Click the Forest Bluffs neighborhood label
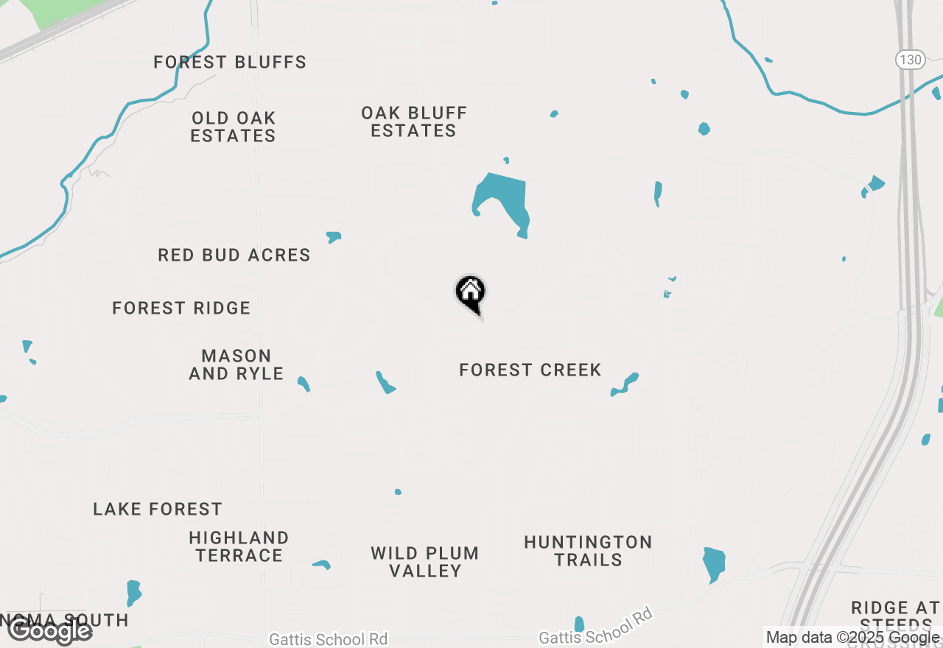(x=230, y=63)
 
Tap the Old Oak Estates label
(x=233, y=127)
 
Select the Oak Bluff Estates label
(x=414, y=121)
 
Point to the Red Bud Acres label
(x=234, y=256)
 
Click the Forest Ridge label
(x=181, y=308)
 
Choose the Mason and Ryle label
(x=236, y=364)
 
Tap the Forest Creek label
(x=530, y=370)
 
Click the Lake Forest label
(x=158, y=509)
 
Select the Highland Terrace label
(x=239, y=546)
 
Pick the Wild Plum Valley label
(x=425, y=562)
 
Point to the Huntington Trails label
(x=588, y=551)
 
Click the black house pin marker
(x=471, y=293)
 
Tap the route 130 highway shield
(x=911, y=60)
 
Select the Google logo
(x=49, y=630)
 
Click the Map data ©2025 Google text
(x=852, y=638)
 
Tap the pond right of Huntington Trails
(x=714, y=563)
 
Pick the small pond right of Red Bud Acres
(x=334, y=236)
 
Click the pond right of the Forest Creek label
(x=625, y=384)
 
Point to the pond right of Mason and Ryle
(x=304, y=383)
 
